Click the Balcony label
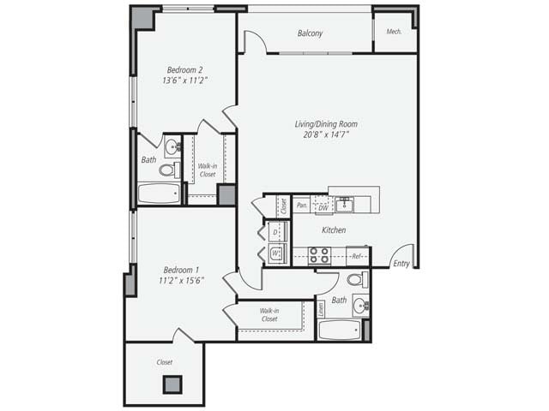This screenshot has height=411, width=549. tap(311, 33)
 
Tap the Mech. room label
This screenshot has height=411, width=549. tap(395, 32)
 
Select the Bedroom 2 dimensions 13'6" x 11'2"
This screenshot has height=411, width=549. tap(185, 80)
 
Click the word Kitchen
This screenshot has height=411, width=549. tap(334, 230)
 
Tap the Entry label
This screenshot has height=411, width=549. tap(401, 263)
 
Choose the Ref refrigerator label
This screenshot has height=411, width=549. tap(358, 255)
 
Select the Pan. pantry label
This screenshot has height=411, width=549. tap(302, 205)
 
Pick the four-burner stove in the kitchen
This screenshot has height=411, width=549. tap(319, 254)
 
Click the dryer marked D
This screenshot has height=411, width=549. tap(275, 232)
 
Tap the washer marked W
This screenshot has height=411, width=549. tap(275, 253)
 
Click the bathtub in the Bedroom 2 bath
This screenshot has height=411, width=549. tap(160, 194)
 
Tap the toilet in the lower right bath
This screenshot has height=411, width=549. tap(355, 279)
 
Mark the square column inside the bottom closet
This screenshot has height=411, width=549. tap(173, 384)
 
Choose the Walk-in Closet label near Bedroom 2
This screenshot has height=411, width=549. tap(207, 170)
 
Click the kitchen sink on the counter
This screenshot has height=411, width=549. tap(344, 203)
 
